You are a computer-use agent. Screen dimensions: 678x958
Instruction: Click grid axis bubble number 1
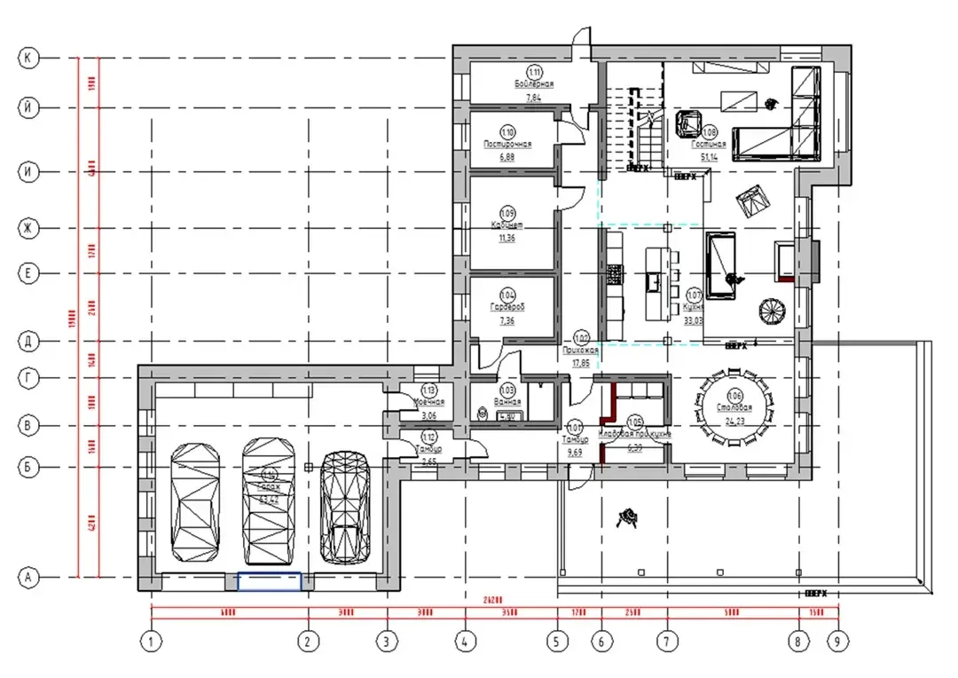[152, 639]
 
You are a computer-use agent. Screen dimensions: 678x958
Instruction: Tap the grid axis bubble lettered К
[28, 58]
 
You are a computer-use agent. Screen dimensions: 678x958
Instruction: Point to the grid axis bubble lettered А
[28, 579]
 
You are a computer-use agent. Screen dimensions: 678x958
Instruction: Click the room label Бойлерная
[534, 83]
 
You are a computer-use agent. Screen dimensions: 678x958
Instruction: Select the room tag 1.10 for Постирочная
[507, 130]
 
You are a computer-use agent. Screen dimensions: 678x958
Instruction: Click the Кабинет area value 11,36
[507, 237]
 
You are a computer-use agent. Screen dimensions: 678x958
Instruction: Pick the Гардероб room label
[507, 307]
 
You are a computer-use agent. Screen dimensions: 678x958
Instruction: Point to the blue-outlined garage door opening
[269, 582]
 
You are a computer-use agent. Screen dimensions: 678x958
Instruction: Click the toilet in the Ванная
[482, 413]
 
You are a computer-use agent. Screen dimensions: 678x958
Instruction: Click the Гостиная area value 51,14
[709, 156]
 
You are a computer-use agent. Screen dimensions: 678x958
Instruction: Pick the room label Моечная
[428, 401]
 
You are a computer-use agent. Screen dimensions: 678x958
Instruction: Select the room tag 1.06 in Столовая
[734, 395]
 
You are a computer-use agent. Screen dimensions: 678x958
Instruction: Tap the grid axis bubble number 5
[556, 639]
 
